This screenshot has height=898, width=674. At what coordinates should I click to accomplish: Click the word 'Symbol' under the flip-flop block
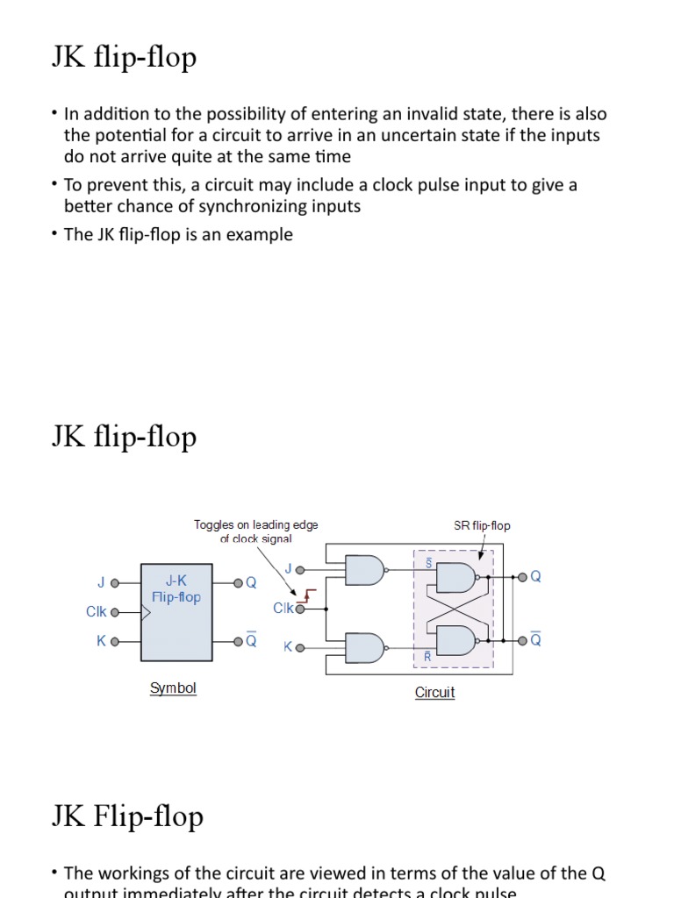pyautogui.click(x=173, y=688)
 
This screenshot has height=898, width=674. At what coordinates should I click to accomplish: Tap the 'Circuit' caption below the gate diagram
pyautogui.click(x=434, y=693)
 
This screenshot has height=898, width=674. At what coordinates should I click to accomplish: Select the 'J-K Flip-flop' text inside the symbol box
pyautogui.click(x=176, y=588)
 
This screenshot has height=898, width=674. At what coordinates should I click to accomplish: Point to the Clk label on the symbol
pyautogui.click(x=97, y=612)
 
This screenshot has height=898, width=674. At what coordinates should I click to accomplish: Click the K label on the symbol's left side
pyautogui.click(x=101, y=641)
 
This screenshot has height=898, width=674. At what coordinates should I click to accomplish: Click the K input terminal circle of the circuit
pyautogui.click(x=301, y=648)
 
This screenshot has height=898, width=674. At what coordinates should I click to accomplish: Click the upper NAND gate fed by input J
pyautogui.click(x=364, y=571)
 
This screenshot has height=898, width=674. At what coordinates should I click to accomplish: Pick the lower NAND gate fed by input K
pyautogui.click(x=364, y=648)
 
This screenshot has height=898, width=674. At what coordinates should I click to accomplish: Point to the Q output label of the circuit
pyautogui.click(x=536, y=576)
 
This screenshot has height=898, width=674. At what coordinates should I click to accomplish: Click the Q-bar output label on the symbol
pyautogui.click(x=251, y=640)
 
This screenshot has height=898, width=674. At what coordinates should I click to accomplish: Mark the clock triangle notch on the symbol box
pyautogui.click(x=146, y=612)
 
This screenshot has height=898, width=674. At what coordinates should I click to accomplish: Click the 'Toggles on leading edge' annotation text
pyautogui.click(x=255, y=525)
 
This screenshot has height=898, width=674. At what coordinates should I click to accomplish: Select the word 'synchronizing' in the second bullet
pyautogui.click(x=258, y=207)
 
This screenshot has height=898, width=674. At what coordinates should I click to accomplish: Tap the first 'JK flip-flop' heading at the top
pyautogui.click(x=124, y=59)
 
